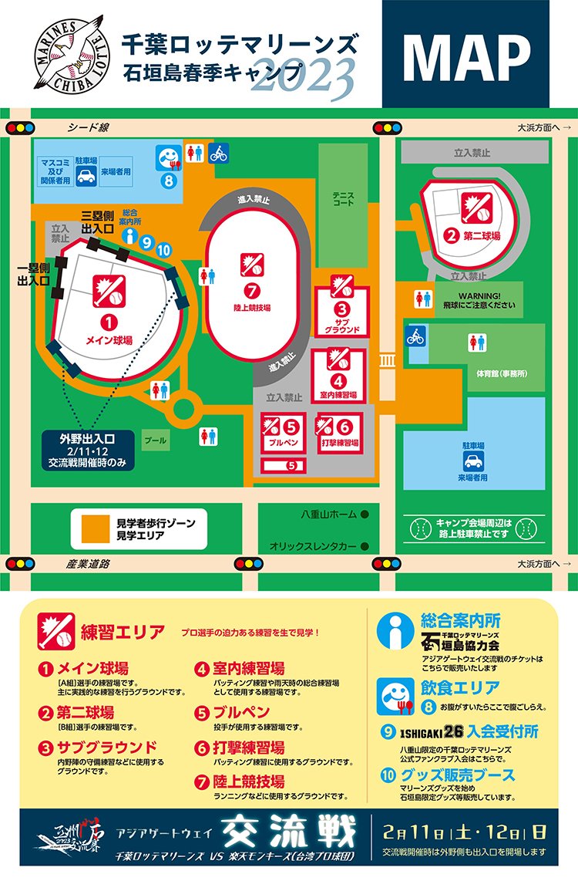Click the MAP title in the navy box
pos(466,53)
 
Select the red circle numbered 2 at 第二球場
pos(452,236)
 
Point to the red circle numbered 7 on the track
pos(250,291)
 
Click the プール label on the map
pos(156,440)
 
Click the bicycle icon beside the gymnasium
pos(416,337)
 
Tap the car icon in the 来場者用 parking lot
pos(472,461)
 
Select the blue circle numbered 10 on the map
pos(163,249)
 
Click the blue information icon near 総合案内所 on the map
pos(130,236)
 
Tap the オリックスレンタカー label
pos(313,546)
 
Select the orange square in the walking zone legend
pos(95,528)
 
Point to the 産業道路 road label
pos(86,564)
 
